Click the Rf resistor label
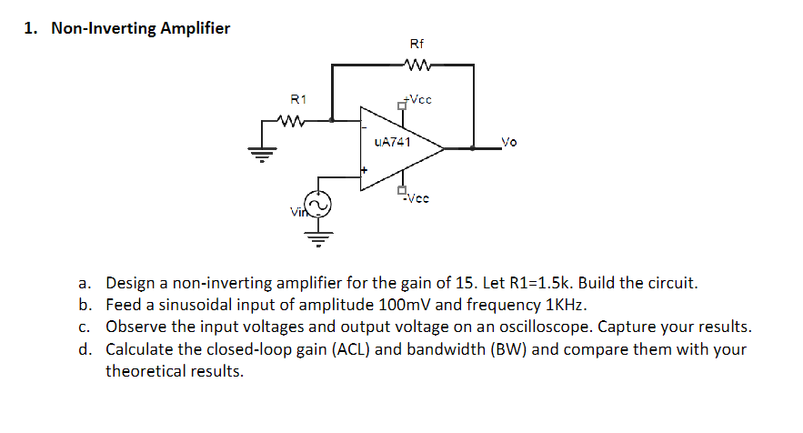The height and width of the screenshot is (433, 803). [417, 44]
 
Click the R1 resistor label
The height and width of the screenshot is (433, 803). [298, 98]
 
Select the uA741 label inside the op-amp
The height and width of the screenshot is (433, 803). [392, 142]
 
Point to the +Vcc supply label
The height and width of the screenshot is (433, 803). [418, 99]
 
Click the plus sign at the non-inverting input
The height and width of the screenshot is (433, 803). [365, 170]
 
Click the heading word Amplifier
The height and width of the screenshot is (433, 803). [195, 28]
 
